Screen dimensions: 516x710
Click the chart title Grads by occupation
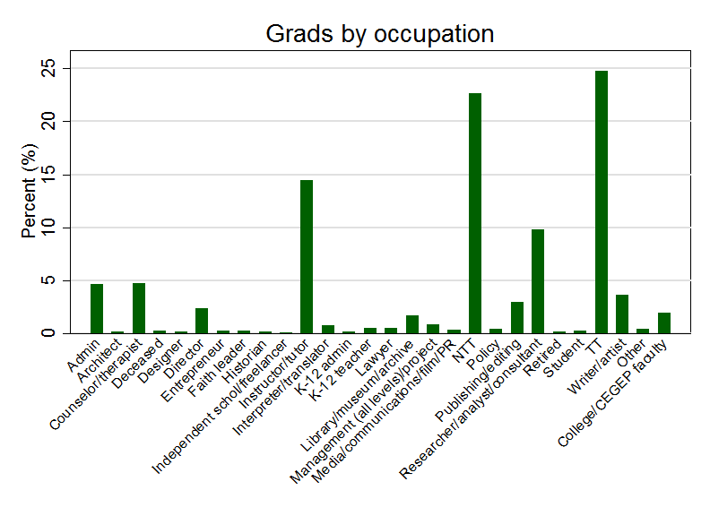(x=379, y=34)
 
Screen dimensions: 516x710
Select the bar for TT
(x=601, y=202)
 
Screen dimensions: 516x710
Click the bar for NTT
(x=475, y=213)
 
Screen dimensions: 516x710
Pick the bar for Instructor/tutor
(x=307, y=257)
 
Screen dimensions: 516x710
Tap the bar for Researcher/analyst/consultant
(x=538, y=281)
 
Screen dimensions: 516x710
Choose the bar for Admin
(x=97, y=309)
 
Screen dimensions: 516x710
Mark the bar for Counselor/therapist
(x=139, y=308)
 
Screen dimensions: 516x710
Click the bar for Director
(x=202, y=321)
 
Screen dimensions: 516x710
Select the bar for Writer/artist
(x=622, y=314)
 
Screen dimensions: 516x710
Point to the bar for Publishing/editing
(x=517, y=318)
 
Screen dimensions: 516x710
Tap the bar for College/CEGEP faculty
(x=663, y=323)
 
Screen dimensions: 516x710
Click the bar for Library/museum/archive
(x=412, y=324)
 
